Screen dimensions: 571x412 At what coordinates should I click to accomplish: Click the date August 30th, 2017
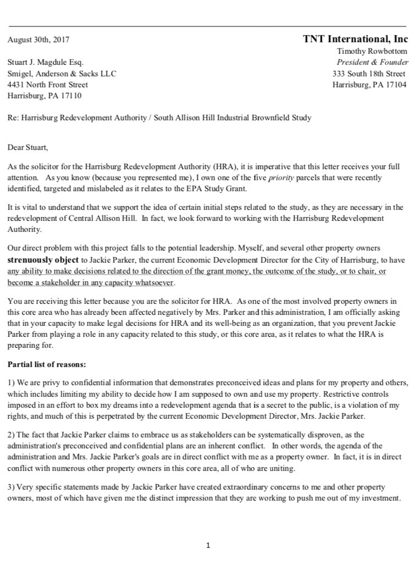[39, 40]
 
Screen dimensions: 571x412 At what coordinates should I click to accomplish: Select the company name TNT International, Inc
[355, 39]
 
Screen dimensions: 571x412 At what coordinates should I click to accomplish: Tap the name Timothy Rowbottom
[372, 51]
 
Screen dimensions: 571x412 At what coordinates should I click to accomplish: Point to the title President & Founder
[372, 62]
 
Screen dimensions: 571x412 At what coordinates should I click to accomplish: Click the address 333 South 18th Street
[369, 74]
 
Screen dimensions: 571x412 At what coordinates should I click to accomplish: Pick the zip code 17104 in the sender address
[395, 85]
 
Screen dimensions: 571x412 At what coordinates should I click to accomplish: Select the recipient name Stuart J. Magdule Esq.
[46, 63]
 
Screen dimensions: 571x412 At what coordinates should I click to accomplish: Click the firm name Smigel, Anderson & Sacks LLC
[62, 74]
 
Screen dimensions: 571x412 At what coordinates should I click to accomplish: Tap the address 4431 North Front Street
[48, 85]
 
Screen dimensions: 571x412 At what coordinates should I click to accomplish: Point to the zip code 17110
[70, 96]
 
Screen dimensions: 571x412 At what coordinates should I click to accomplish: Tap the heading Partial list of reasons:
[46, 364]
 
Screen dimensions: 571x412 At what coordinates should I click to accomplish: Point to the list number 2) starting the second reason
[11, 436]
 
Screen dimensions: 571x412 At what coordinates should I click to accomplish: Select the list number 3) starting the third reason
[11, 487]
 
